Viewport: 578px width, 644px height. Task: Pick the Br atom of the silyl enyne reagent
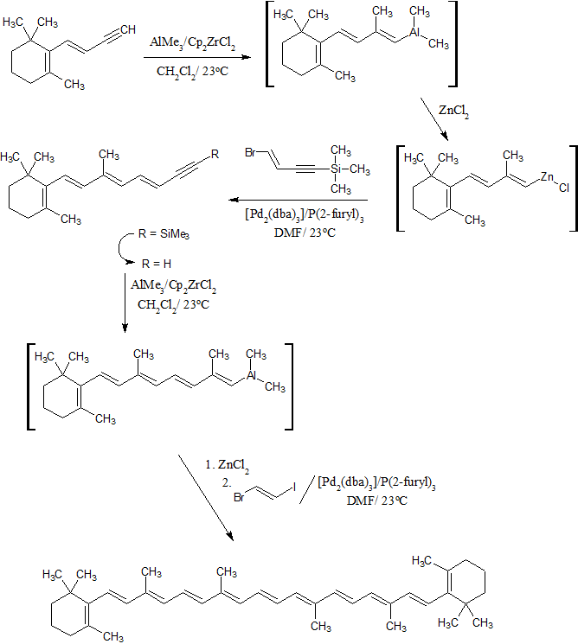[250, 152]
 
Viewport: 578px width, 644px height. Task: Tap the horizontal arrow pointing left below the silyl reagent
[295, 197]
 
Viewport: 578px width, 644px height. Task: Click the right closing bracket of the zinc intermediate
[573, 188]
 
